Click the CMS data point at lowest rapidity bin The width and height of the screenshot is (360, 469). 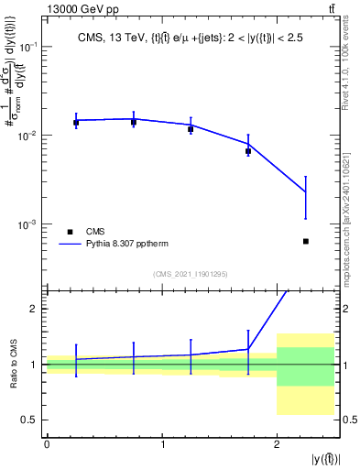pyautogui.click(x=76, y=122)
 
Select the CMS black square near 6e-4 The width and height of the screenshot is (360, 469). pyautogui.click(x=305, y=241)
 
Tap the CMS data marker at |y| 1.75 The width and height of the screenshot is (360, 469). pyautogui.click(x=248, y=151)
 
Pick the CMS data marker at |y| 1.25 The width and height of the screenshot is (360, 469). pyautogui.click(x=191, y=129)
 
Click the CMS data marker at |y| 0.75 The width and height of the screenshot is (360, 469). pyautogui.click(x=134, y=122)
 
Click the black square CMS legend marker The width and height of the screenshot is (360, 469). pyautogui.click(x=70, y=232)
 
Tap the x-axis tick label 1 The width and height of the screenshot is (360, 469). pyautogui.click(x=162, y=444)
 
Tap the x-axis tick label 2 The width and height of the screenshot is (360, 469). pyautogui.click(x=277, y=444)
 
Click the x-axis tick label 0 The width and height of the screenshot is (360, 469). pyautogui.click(x=47, y=444)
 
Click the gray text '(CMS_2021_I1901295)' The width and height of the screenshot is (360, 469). pyautogui.click(x=190, y=274)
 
